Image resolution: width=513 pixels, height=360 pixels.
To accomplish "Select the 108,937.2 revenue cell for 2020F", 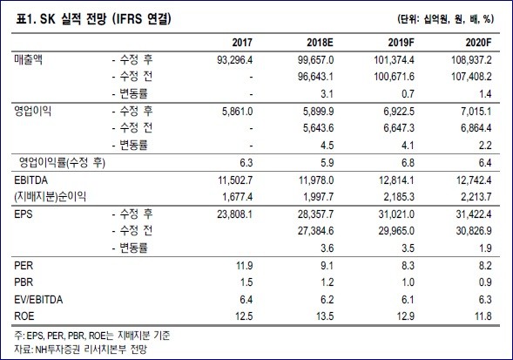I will pyautogui.click(x=469, y=60).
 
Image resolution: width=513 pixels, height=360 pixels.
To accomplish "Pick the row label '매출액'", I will pyautogui.click(x=32, y=60).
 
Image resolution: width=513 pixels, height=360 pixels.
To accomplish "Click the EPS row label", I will pyautogui.click(x=24, y=213).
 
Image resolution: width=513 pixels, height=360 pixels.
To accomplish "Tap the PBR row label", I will pyautogui.click(x=24, y=281).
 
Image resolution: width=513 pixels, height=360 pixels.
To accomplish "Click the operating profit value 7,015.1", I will pyautogui.click(x=475, y=111).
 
